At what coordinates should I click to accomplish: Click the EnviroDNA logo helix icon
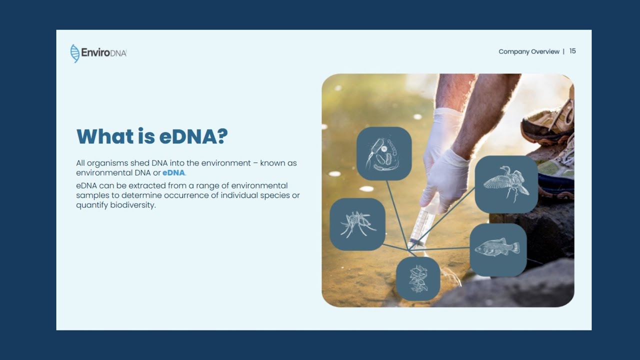pyautogui.click(x=75, y=53)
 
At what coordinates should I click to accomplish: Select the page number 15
pyautogui.click(x=572, y=51)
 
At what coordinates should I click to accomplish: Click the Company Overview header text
pyautogui.click(x=528, y=51)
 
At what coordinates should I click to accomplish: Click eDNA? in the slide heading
pyautogui.click(x=193, y=136)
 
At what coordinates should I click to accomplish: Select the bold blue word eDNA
pyautogui.click(x=173, y=173)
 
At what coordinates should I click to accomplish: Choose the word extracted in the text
pyautogui.click(x=143, y=186)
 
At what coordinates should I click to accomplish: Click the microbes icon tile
pyautogui.click(x=383, y=153)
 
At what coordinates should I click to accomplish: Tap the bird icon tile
pyautogui.click(x=506, y=184)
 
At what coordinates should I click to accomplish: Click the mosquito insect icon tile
pyautogui.click(x=357, y=224)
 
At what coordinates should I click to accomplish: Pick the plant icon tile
pyautogui.click(x=418, y=278)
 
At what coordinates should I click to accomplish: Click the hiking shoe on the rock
pyautogui.click(x=547, y=122)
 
